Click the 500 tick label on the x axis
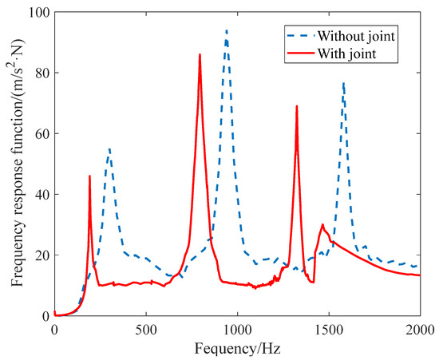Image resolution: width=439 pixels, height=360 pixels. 145,327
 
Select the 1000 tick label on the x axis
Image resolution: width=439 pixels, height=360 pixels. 237,327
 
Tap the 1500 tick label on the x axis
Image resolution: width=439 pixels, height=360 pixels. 328,327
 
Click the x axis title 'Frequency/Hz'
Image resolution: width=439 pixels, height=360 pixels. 237,346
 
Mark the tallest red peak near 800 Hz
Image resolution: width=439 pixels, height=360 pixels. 200,55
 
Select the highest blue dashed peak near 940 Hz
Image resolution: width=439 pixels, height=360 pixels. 226,30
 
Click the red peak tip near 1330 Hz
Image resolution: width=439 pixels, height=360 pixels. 297,106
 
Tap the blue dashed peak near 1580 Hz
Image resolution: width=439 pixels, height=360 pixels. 343,82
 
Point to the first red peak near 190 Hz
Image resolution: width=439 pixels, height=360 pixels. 89,176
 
